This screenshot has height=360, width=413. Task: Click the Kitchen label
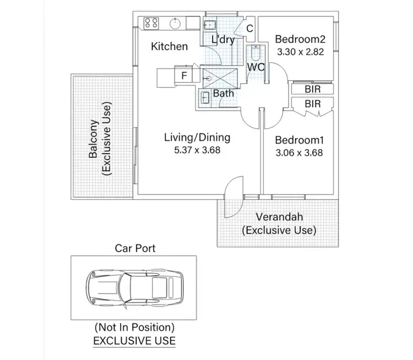(169, 46)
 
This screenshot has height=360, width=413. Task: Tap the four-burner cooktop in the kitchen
(151, 23)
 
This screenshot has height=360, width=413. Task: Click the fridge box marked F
(183, 76)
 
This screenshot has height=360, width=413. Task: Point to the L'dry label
(223, 40)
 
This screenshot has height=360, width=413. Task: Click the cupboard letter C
(249, 29)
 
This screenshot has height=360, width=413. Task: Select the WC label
(256, 67)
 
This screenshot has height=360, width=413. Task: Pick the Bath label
(223, 93)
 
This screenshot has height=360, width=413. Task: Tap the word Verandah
(279, 217)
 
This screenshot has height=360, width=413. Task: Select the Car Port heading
(135, 248)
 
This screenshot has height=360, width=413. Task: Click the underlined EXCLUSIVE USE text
(134, 341)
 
